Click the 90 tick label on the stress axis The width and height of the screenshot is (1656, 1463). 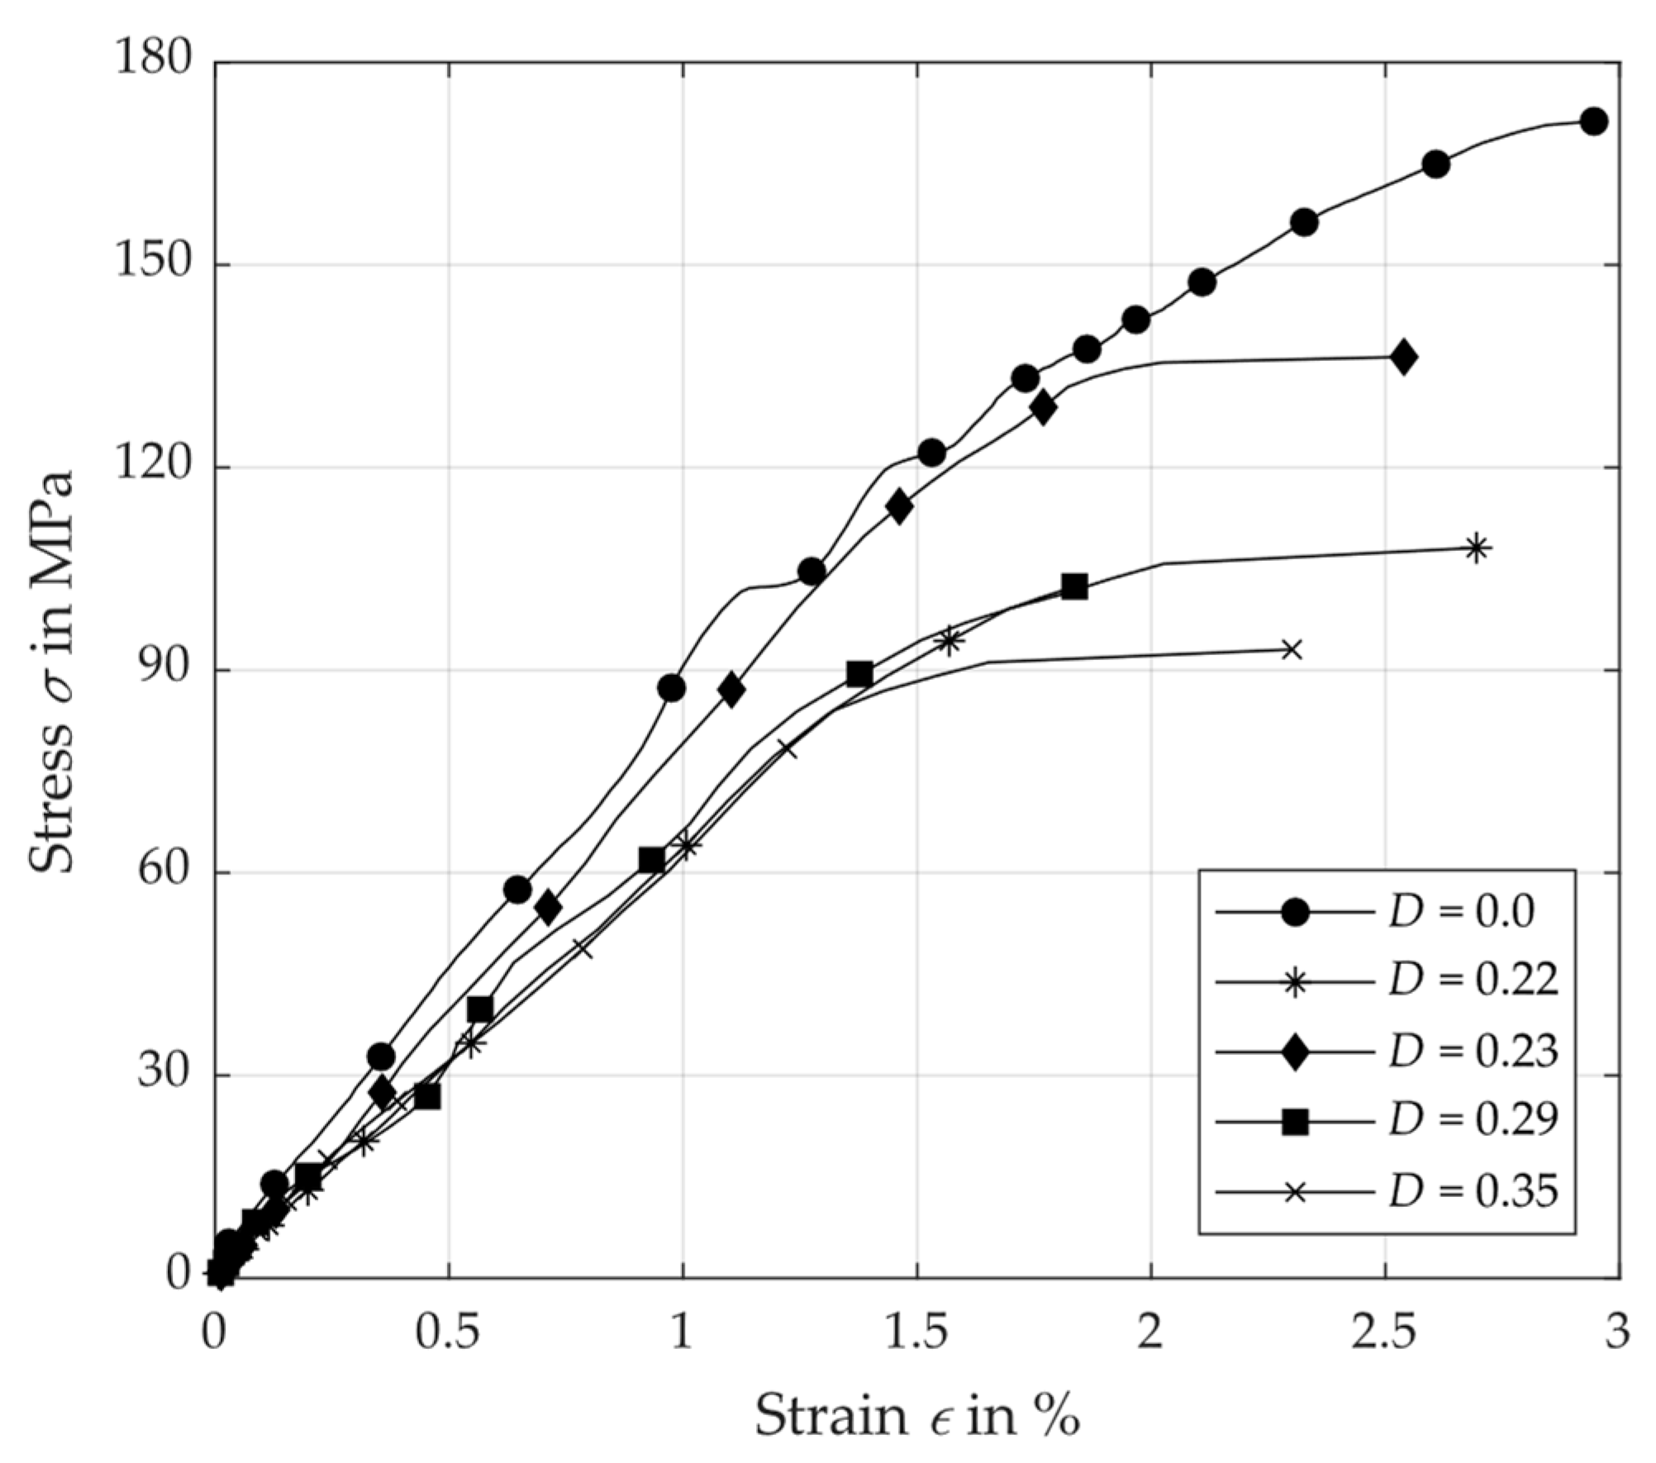click(x=169, y=670)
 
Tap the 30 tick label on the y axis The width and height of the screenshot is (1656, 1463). click(x=169, y=1075)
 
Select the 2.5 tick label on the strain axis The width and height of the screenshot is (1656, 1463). click(x=1383, y=1332)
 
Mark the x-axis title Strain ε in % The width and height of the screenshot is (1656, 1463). click(x=916, y=1415)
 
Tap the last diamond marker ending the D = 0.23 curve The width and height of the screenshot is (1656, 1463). click(x=1403, y=357)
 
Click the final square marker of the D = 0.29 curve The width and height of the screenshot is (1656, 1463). click(x=1073, y=587)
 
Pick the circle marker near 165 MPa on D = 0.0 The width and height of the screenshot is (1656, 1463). click(x=1436, y=164)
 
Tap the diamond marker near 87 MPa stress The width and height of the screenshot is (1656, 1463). click(x=730, y=690)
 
